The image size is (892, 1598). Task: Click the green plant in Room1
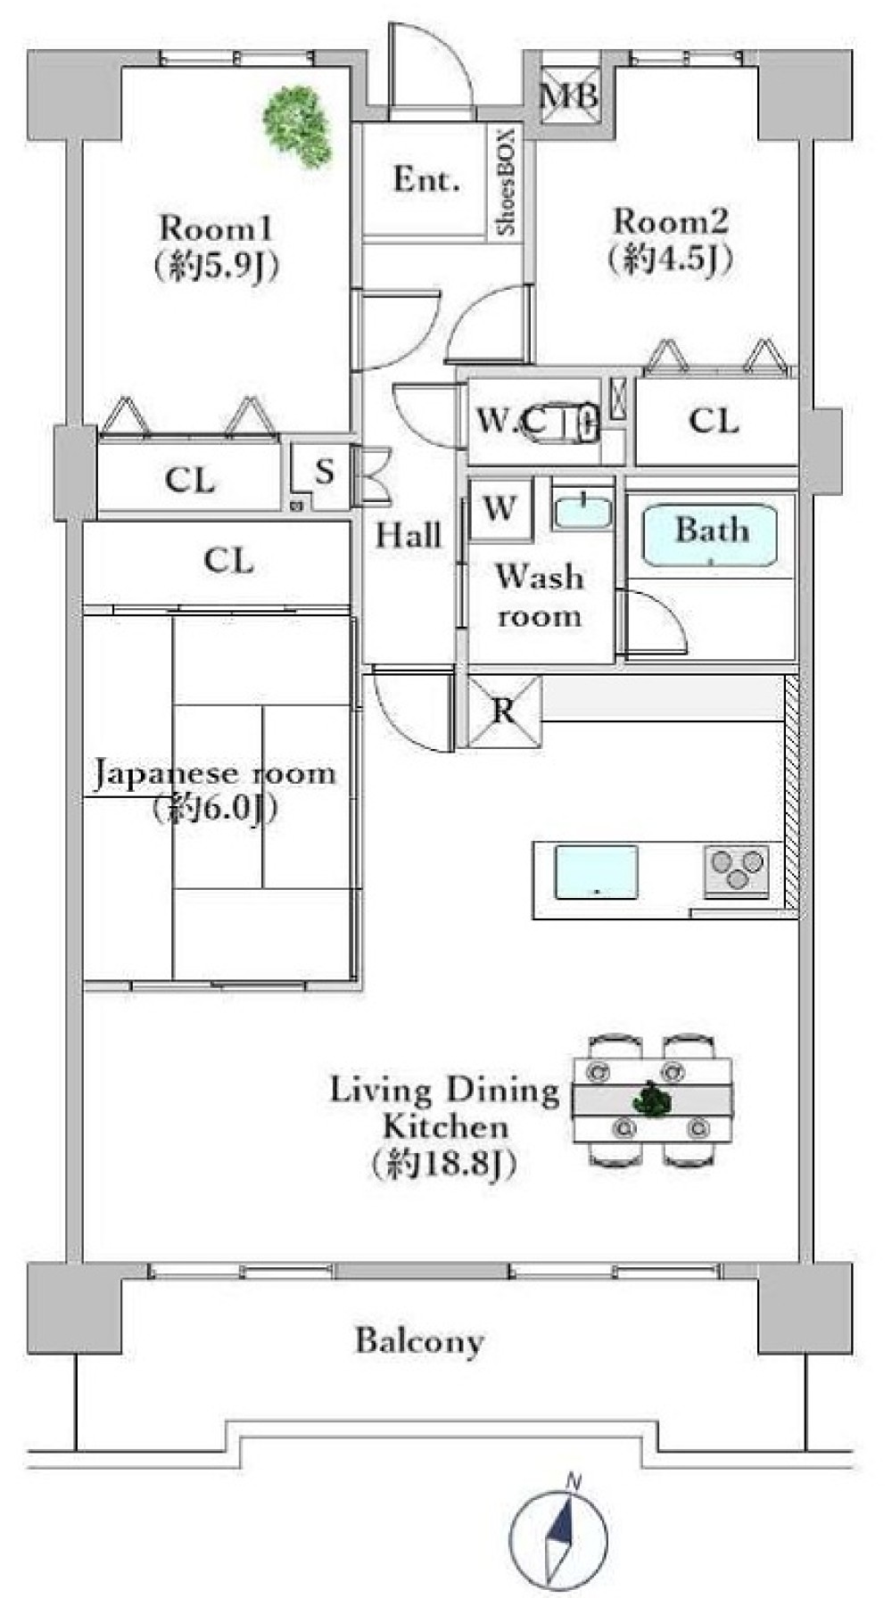[298, 126]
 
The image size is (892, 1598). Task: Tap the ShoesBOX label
[506, 182]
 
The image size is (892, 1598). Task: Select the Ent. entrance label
[426, 180]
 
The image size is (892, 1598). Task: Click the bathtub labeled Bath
[709, 534]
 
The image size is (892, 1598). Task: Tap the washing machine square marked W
[500, 509]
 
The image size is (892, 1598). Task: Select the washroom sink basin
[582, 512]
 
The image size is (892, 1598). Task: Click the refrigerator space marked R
[504, 711]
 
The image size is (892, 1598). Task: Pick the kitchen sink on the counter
[596, 872]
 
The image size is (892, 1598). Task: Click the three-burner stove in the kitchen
[737, 869]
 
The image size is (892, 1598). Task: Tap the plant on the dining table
[652, 1100]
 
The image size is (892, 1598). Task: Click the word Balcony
[419, 1340]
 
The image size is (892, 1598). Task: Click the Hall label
[408, 535]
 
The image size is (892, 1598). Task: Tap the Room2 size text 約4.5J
[670, 259]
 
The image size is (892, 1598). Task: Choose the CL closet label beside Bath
[714, 420]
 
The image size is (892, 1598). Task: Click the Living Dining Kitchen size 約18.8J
[443, 1164]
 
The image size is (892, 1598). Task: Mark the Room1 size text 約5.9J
[216, 265]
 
